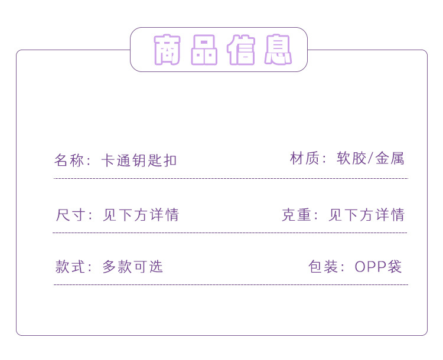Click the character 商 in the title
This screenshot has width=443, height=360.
pyautogui.click(x=167, y=50)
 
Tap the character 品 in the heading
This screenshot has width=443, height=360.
pyautogui.click(x=204, y=50)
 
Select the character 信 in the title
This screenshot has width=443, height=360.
pyautogui.click(x=241, y=50)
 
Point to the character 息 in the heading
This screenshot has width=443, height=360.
pyautogui.click(x=278, y=50)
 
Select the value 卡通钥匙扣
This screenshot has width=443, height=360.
pyautogui.click(x=139, y=161)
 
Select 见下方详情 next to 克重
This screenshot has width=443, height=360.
pyautogui.click(x=366, y=215)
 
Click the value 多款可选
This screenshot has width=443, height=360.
pyautogui.click(x=132, y=267)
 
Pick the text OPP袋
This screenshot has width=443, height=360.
pyautogui.click(x=378, y=267)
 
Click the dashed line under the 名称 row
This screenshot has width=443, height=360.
pyautogui.click(x=230, y=178)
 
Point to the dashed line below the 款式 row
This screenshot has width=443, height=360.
pyautogui.click(x=230, y=285)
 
